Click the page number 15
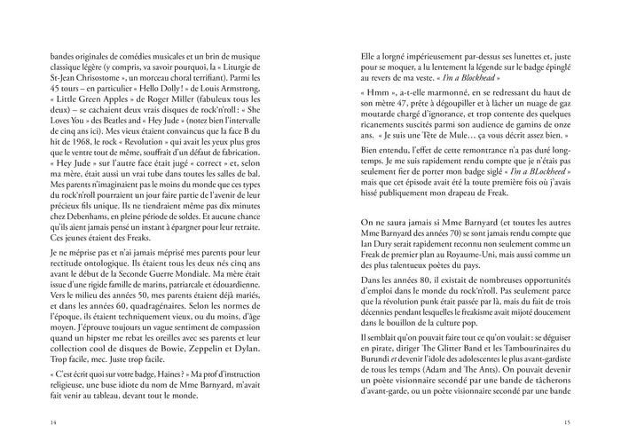tap(567, 421)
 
